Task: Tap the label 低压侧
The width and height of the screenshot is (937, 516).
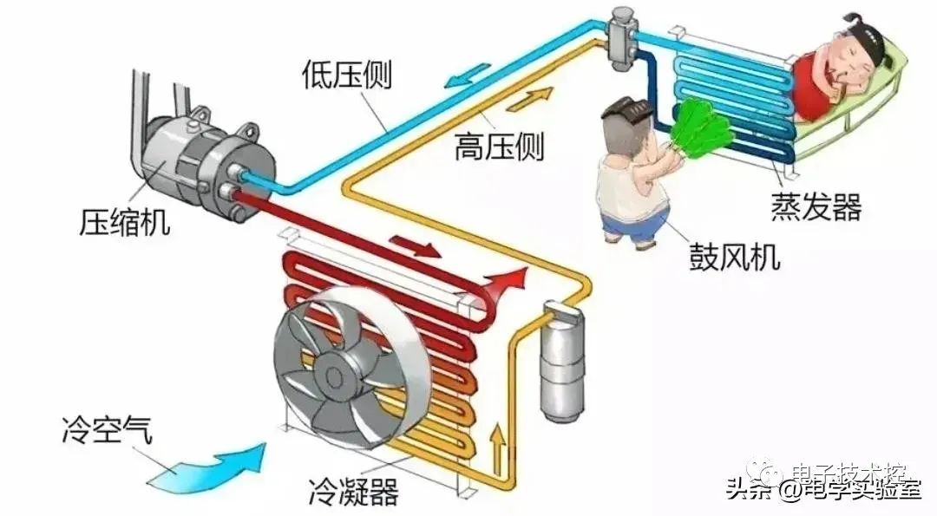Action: pyautogui.click(x=347, y=75)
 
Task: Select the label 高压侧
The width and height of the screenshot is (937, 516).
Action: pyautogui.click(x=498, y=147)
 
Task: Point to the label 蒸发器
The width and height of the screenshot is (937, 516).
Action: pyautogui.click(x=816, y=207)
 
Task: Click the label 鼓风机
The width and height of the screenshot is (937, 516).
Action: pyautogui.click(x=734, y=258)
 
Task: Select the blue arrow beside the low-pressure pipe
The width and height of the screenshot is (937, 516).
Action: pyautogui.click(x=462, y=79)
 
